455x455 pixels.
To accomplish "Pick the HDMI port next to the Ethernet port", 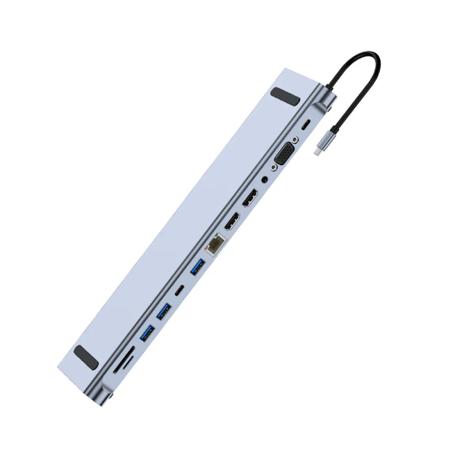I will pos(231,221).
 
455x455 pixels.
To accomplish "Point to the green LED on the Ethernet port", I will pos(217,235).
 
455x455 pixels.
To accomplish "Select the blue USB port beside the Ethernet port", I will pos(197,267).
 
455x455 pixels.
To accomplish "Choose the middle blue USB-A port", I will pos(164,312).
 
